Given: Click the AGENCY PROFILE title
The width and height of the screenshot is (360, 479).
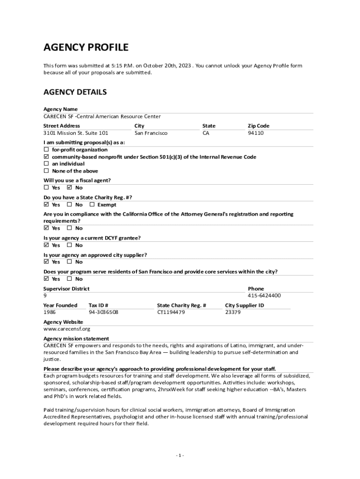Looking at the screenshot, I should [86, 47].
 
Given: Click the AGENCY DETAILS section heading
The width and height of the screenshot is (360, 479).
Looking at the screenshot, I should [75, 92].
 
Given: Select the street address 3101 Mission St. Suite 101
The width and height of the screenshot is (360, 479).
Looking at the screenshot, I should [76, 133].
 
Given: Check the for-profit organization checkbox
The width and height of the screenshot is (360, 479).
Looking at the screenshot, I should [46, 150].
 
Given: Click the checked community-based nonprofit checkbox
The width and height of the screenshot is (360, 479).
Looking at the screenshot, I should [46, 157].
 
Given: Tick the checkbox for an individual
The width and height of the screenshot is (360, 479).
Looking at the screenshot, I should [46, 164].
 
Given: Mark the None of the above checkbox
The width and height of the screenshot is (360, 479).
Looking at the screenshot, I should [46, 171].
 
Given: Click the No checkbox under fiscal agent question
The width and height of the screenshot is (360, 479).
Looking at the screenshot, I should [69, 188].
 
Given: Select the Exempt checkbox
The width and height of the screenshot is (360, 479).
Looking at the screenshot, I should [92, 204].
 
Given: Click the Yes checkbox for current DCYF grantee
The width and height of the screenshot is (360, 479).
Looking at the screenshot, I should [46, 245].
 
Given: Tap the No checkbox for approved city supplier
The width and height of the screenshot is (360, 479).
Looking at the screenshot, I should [69, 261].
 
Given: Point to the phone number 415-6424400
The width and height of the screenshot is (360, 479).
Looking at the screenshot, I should [264, 296].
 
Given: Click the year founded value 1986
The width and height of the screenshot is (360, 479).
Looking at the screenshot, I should [50, 312].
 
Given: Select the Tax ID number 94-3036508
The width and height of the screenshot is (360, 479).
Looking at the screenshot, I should [103, 312].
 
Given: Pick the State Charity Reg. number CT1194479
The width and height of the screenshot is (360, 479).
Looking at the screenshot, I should [171, 312].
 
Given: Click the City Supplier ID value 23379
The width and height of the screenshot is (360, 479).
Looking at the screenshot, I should [233, 312].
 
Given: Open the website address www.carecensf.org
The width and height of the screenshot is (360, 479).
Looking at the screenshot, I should [67, 329].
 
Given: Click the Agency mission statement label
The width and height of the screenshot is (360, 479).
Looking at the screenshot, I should [76, 338].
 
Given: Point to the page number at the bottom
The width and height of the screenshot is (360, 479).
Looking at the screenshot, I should [180, 456].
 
